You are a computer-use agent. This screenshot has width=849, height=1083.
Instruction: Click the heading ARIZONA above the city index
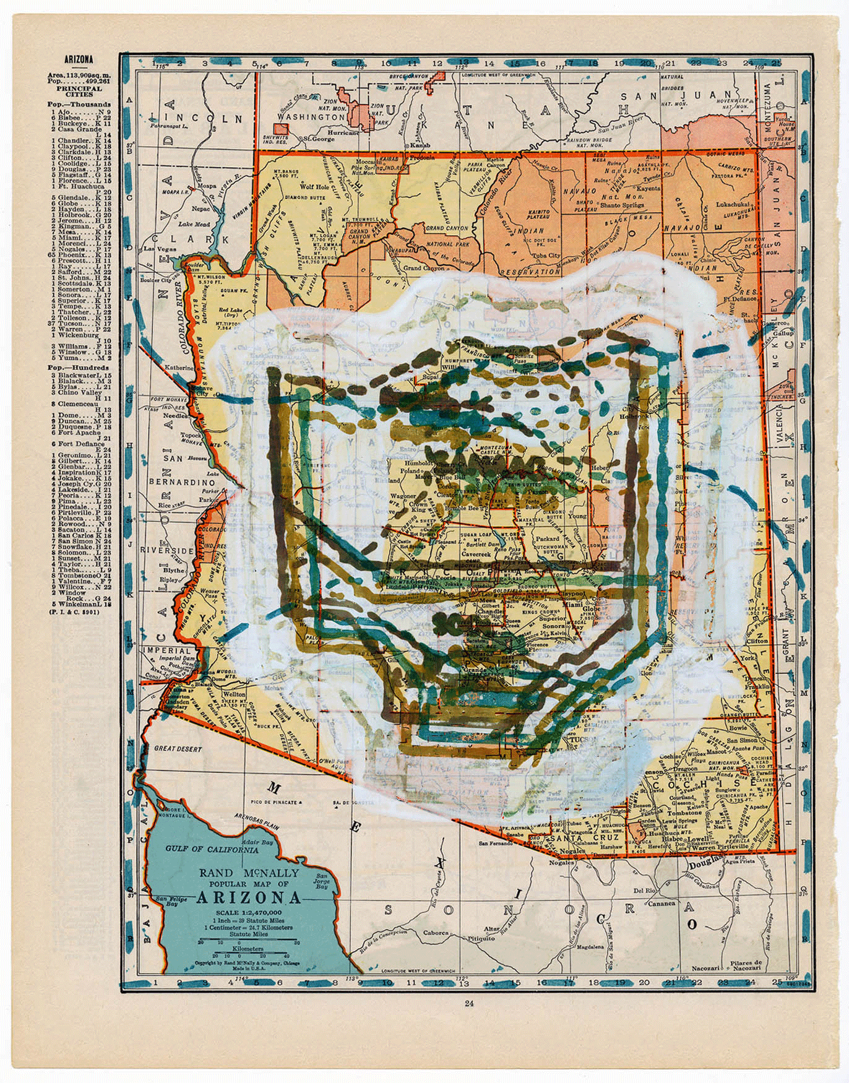(x=79, y=60)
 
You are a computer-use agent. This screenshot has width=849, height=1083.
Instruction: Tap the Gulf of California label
(x=212, y=849)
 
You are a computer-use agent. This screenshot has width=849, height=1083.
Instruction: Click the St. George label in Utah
(x=317, y=139)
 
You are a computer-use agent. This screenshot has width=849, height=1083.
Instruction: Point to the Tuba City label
(x=545, y=255)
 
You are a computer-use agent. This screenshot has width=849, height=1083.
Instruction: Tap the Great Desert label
(x=178, y=749)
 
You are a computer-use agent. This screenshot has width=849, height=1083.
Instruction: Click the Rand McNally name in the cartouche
(x=249, y=873)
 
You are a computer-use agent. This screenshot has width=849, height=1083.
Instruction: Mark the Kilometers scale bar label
(x=248, y=947)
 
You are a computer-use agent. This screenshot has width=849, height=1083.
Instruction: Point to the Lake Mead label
(x=194, y=225)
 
